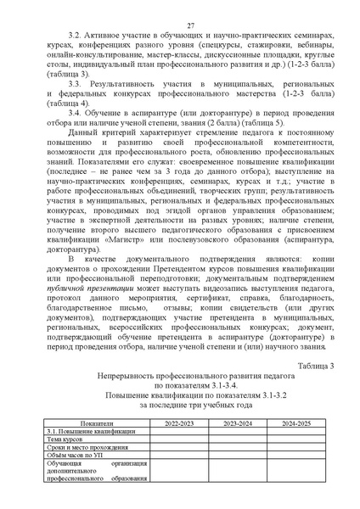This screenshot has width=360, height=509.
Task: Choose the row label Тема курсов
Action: point(65,439)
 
